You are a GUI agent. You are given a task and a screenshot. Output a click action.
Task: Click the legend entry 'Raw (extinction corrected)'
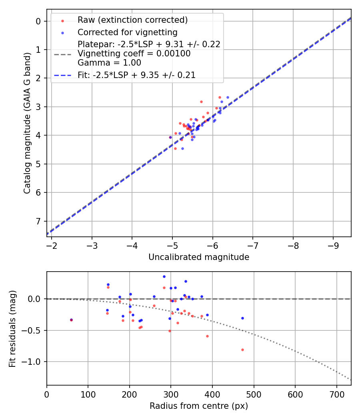tap(132, 20)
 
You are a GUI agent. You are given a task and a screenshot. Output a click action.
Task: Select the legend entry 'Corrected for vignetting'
tap(127, 32)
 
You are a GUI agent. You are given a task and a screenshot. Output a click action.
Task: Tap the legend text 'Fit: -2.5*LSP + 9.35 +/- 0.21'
tap(136, 75)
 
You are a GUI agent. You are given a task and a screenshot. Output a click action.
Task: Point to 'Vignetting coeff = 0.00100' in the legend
tap(134, 54)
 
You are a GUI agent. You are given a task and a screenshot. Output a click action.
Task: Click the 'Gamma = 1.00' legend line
tap(109, 62)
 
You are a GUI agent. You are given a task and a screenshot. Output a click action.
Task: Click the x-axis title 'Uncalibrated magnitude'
tap(199, 257)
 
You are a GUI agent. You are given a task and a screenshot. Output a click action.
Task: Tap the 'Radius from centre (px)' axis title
tap(199, 406)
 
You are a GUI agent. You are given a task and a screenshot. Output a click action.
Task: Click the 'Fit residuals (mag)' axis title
tap(12, 328)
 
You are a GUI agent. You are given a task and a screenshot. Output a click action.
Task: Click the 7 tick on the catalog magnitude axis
tap(39, 221)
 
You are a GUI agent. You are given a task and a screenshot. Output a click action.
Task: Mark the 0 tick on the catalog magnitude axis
tap(39, 21)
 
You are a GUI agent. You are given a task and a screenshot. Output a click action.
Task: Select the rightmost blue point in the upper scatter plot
tap(228, 97)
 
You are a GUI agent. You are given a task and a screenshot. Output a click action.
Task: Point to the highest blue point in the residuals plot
tap(164, 276)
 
